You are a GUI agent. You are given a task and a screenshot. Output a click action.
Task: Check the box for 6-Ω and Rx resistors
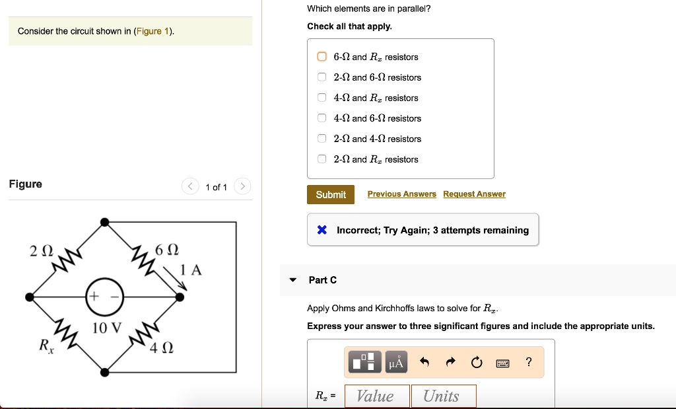321,57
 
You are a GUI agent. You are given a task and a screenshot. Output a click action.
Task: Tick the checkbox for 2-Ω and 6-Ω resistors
321,77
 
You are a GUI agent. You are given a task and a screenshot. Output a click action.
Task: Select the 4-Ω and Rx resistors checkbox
321,98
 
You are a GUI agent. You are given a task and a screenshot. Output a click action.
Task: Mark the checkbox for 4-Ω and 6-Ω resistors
321,118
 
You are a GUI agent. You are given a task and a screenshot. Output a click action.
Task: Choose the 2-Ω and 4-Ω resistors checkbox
321,139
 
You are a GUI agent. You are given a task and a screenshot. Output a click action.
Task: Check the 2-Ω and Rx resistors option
321,159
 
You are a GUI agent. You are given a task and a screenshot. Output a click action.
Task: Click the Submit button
331,194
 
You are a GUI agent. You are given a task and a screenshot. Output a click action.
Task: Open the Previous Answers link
401,194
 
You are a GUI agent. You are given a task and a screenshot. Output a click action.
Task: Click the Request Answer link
474,194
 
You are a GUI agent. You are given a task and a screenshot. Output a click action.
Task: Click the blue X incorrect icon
321,230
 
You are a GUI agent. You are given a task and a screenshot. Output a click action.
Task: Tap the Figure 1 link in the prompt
153,32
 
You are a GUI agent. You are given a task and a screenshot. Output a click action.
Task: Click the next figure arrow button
242,187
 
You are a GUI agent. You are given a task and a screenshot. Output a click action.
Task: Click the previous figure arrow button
190,187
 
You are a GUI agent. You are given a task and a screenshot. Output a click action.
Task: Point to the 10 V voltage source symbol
104,297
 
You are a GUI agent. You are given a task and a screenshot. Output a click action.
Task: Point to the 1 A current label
191,270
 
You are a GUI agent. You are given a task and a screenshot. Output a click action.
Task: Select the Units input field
443,396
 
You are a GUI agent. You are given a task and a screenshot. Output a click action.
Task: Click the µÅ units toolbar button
396,361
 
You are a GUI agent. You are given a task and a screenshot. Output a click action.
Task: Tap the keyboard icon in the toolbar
503,362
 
